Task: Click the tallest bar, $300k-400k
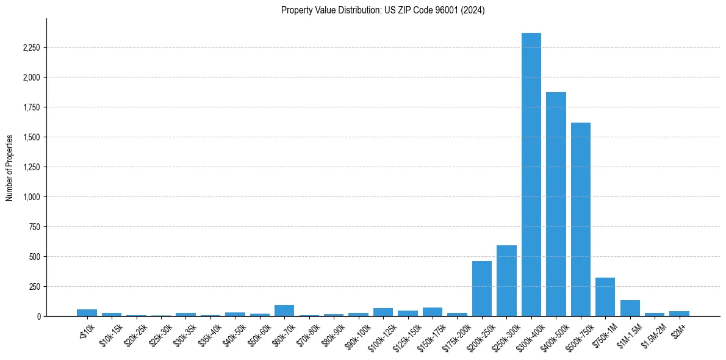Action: coord(531,177)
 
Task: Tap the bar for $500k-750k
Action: coord(580,220)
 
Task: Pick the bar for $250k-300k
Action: coord(506,281)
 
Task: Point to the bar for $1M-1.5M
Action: coord(630,308)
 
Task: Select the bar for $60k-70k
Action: coord(284,311)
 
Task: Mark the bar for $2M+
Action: coord(679,314)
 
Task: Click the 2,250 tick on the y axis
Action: coord(31,48)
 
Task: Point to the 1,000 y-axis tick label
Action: coord(31,197)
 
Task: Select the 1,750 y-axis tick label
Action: coord(31,107)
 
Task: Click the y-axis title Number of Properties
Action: coord(10,167)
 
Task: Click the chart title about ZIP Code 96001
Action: coord(383,10)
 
